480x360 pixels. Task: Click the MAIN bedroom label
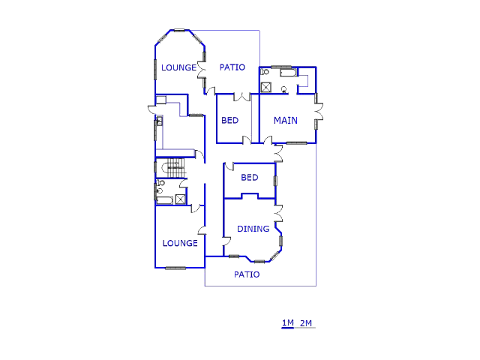tap(285, 120)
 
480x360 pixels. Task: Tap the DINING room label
tap(253, 229)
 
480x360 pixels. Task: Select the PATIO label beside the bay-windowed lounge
tap(232, 67)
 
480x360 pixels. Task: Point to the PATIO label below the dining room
tap(247, 274)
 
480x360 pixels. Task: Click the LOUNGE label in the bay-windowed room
tap(178, 67)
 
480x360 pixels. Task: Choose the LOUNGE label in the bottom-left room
tap(180, 243)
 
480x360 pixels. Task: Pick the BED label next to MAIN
tap(230, 120)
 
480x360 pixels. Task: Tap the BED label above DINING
tap(250, 177)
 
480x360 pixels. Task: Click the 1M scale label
tap(288, 322)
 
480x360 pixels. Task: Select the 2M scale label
tap(306, 323)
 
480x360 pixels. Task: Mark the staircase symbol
tap(175, 168)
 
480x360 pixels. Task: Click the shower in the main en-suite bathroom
tap(266, 87)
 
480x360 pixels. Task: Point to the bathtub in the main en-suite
tap(288, 73)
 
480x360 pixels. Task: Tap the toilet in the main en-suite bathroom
tap(265, 72)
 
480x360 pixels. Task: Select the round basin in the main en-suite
tap(284, 89)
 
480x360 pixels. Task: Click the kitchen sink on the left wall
tap(159, 121)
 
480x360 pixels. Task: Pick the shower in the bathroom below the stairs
tap(180, 199)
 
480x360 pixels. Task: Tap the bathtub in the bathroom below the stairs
tap(165, 201)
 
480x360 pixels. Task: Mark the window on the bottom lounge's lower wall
tap(175, 268)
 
